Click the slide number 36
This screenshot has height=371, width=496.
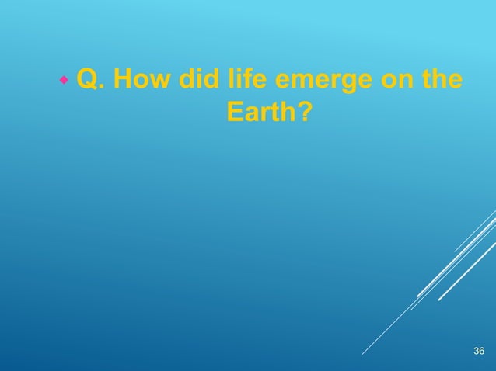(x=478, y=353)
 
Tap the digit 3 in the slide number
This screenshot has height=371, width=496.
(x=475, y=353)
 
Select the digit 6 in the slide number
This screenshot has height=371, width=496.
(x=481, y=353)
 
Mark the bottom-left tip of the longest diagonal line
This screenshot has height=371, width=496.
(x=362, y=355)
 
